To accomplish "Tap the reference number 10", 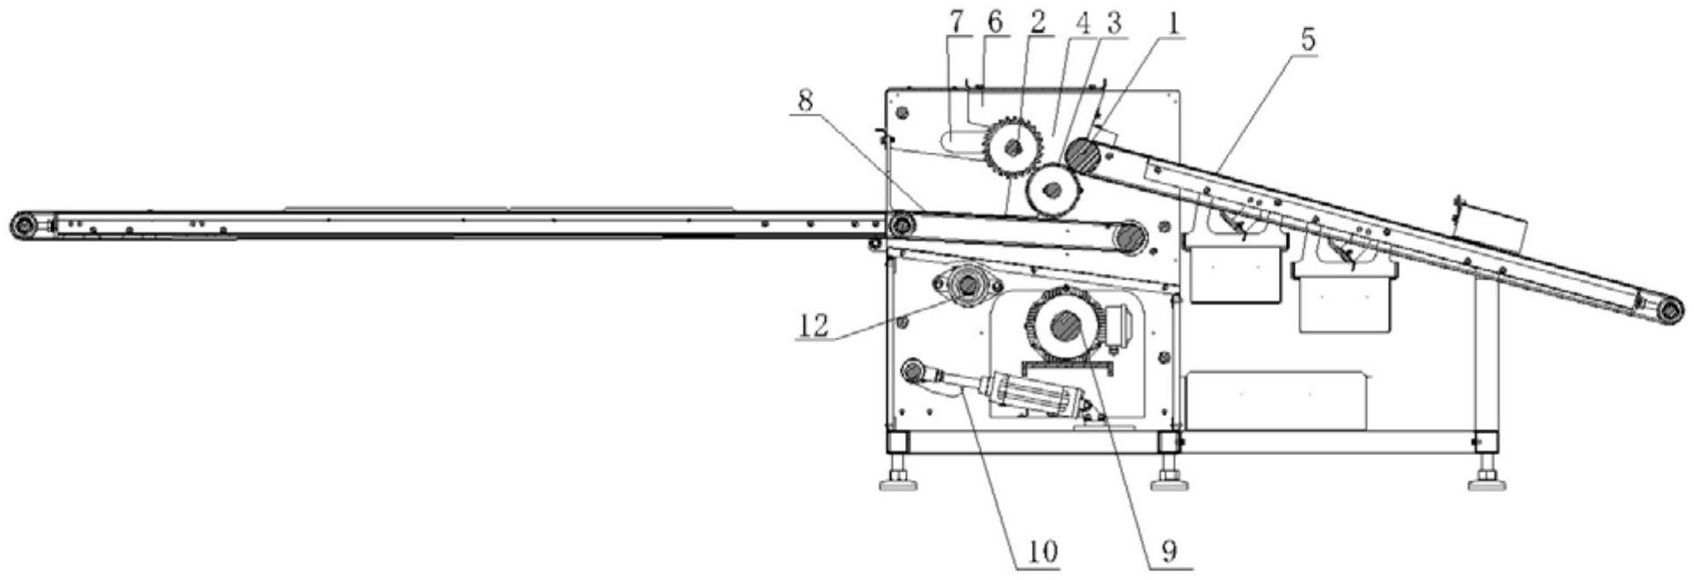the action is pyautogui.click(x=1039, y=551).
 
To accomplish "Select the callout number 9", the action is pyautogui.click(x=1168, y=551).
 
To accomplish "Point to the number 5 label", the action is pyautogui.click(x=1308, y=40).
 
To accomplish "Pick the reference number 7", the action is pyautogui.click(x=956, y=24).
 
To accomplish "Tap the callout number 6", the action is pyautogui.click(x=995, y=24).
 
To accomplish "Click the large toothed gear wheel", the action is pyautogui.click(x=1014, y=148).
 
